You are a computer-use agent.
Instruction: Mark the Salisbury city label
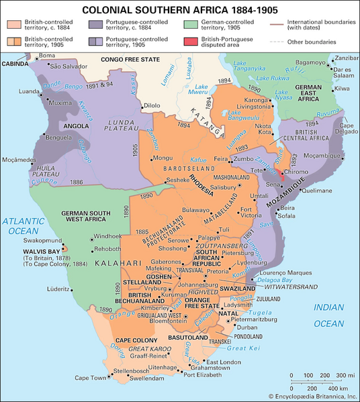pos(226,186)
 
